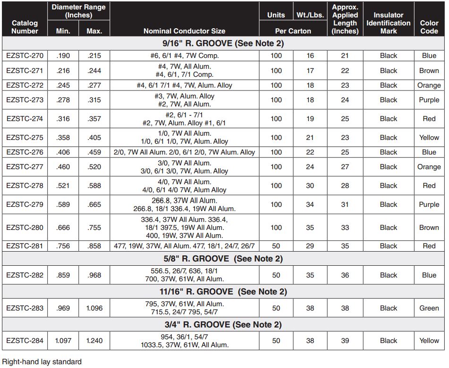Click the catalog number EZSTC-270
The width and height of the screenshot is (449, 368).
point(25,56)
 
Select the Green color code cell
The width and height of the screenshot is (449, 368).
point(429,308)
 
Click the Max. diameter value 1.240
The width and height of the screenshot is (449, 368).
point(94,341)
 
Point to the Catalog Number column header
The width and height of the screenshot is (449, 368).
point(25,27)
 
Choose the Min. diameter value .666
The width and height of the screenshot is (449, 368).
point(63,228)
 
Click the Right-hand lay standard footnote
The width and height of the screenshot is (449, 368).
point(42,362)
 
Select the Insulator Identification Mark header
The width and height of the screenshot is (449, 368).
point(389,23)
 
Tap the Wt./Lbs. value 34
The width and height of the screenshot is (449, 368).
point(310,204)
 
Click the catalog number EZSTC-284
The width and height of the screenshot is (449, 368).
point(25,341)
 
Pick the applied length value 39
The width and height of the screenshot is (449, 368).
point(345,341)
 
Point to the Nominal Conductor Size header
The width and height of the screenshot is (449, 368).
point(184,31)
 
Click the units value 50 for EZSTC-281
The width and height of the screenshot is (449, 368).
point(276,246)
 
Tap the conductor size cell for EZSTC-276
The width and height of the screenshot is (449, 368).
point(184,152)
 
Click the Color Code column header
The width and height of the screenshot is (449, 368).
point(429,27)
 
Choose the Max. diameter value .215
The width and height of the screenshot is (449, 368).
point(94,56)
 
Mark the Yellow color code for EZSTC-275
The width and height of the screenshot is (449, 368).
point(429,138)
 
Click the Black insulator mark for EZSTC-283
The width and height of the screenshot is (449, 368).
point(389,308)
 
